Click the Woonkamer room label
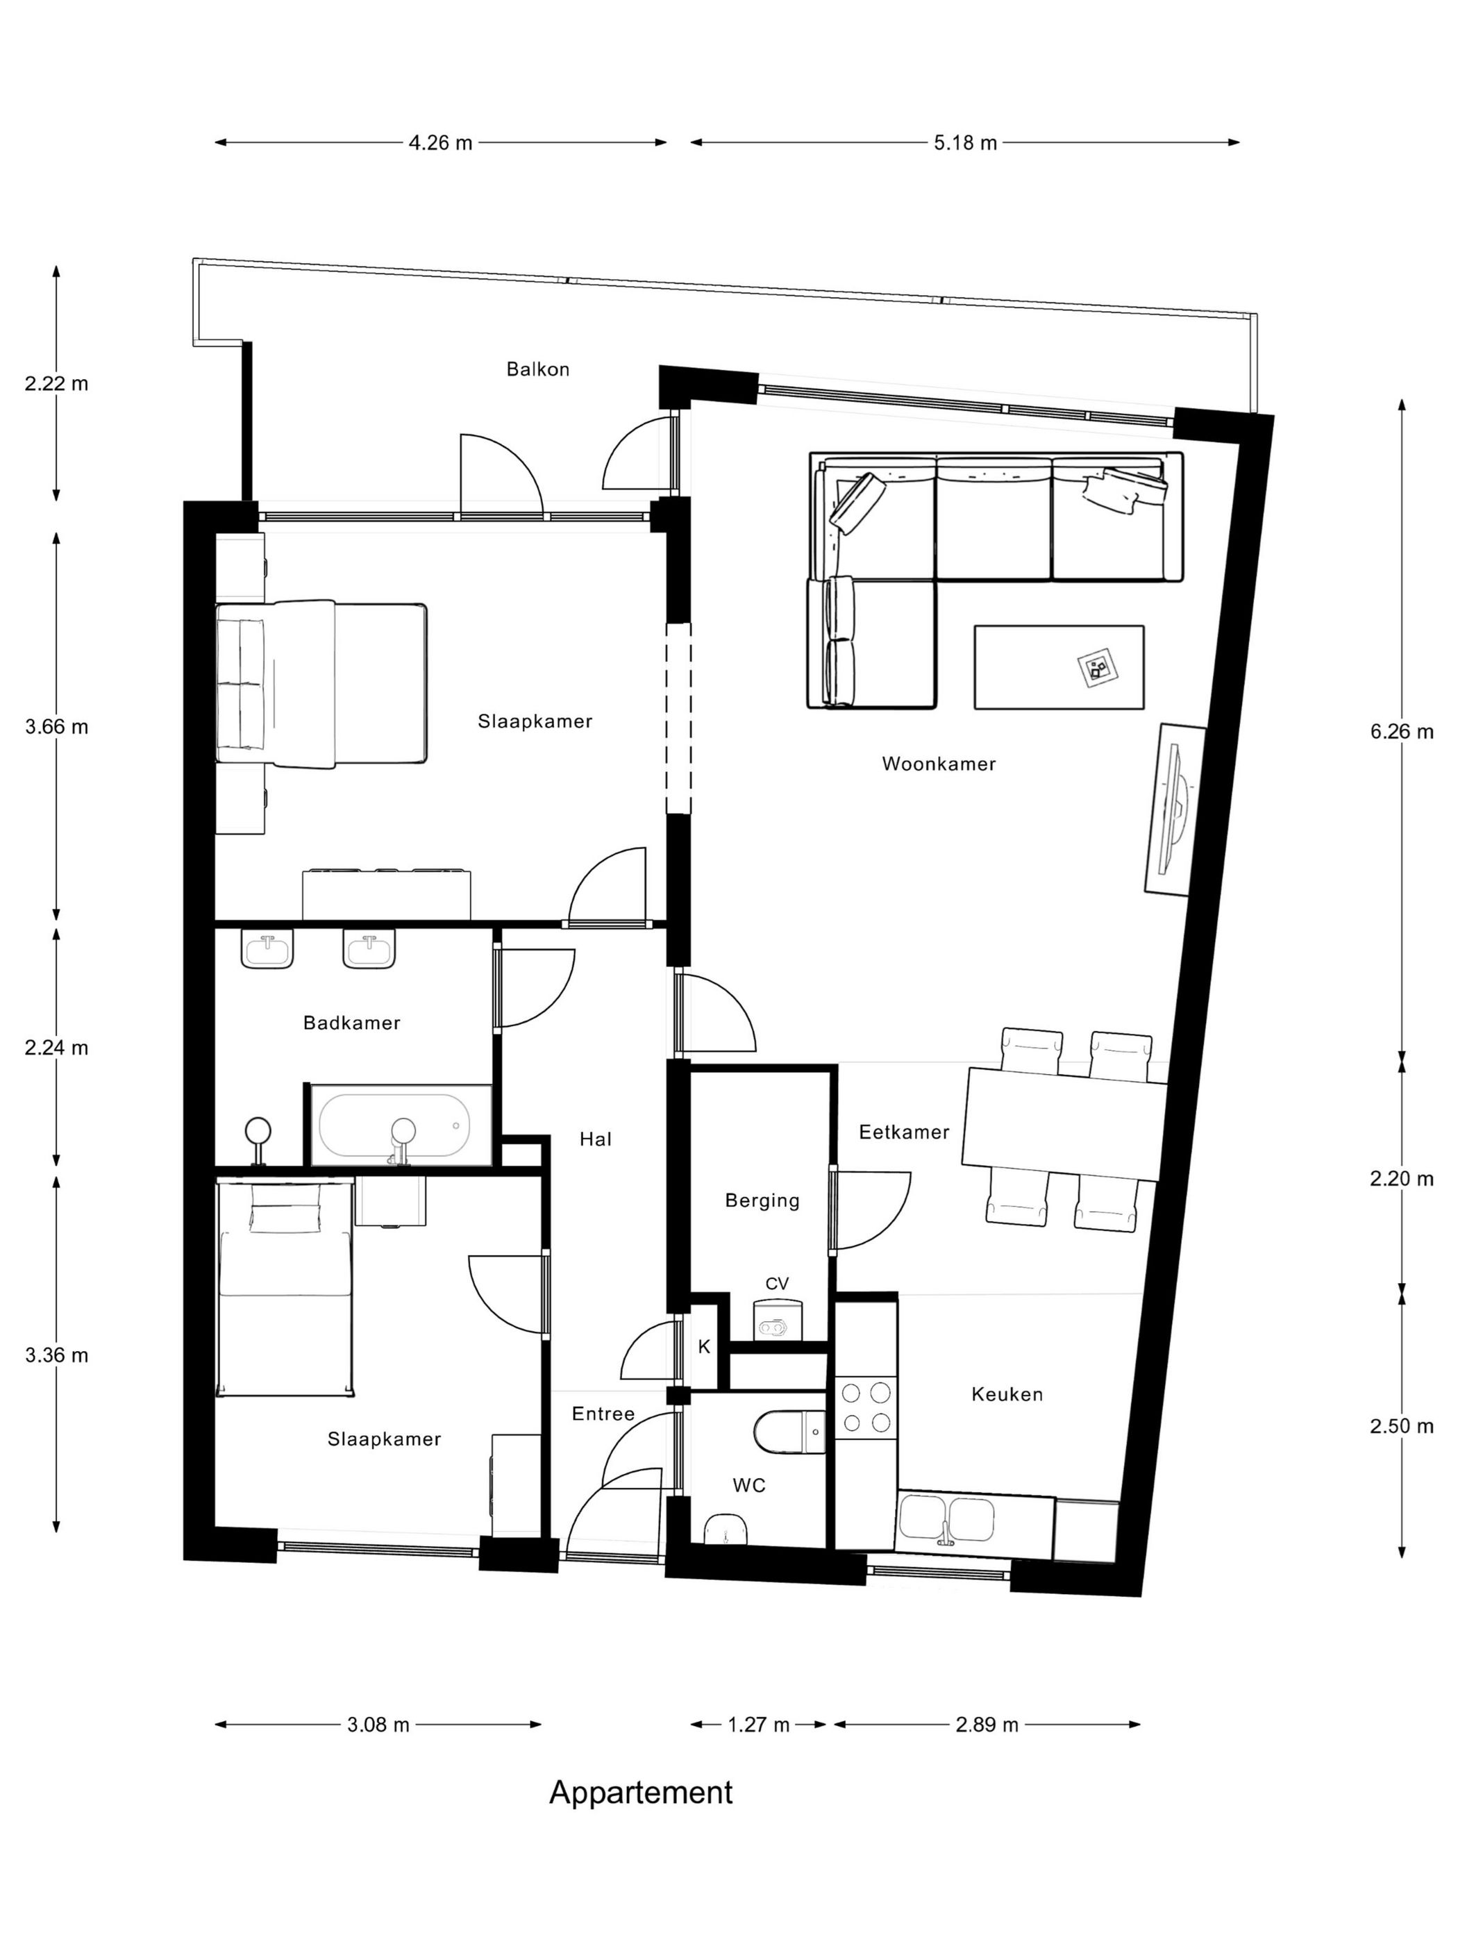(939, 764)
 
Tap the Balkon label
(538, 369)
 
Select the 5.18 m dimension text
(965, 142)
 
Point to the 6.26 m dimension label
(1401, 731)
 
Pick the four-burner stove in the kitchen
(866, 1406)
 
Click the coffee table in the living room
(1058, 666)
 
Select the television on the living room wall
(1174, 810)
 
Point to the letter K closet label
(704, 1346)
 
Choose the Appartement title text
(641, 1792)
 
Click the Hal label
(595, 1139)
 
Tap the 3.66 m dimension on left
(56, 727)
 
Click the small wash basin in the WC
(727, 1530)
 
